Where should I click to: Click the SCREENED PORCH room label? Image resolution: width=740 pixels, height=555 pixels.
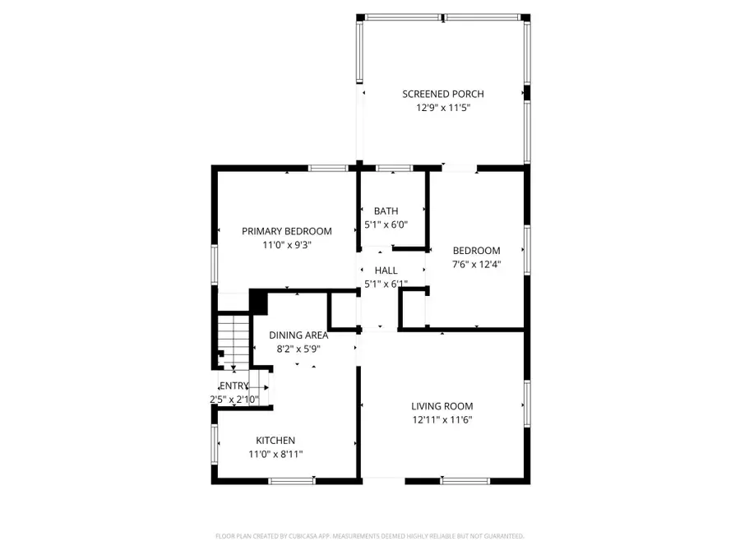(x=442, y=94)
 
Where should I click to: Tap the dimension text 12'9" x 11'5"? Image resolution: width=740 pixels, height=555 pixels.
(x=442, y=108)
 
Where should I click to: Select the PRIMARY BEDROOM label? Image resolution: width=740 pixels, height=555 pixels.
(x=286, y=231)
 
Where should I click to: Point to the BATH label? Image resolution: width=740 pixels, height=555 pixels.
(x=386, y=210)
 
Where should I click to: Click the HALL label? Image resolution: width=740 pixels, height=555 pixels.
(x=386, y=271)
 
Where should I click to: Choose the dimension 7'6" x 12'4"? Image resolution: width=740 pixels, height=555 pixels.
(x=477, y=265)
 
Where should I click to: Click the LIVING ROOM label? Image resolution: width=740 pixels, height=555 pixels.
(x=442, y=406)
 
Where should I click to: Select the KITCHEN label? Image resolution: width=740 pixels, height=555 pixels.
(x=275, y=441)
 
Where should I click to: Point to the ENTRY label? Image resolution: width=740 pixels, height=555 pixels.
(x=234, y=386)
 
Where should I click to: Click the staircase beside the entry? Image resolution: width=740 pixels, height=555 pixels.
(x=234, y=341)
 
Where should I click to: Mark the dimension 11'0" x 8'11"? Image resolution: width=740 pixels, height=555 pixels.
(x=275, y=454)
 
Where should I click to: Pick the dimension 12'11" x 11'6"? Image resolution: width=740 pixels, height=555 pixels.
(x=442, y=420)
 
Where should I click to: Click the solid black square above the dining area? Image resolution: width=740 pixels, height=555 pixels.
(x=259, y=301)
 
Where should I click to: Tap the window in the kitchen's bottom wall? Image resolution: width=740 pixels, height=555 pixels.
(x=292, y=479)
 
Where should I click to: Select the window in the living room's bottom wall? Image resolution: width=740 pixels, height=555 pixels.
(x=465, y=479)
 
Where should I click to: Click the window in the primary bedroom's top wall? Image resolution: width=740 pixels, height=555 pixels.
(x=326, y=169)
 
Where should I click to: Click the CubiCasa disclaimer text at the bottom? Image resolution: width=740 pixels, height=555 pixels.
(x=369, y=536)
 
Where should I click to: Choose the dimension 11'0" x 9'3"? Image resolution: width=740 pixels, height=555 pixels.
(x=286, y=245)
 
